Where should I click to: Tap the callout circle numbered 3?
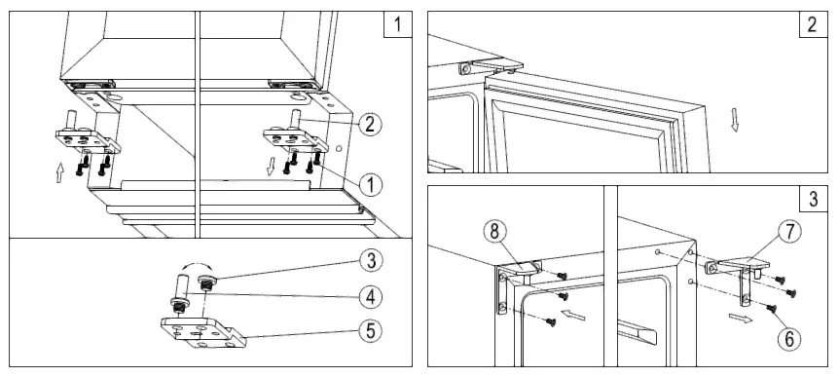367,260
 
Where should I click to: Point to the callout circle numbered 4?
367,294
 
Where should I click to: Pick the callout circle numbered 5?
367,329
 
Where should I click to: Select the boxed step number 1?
397,23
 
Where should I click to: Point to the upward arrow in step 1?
60,172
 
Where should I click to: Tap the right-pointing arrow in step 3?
740,317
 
